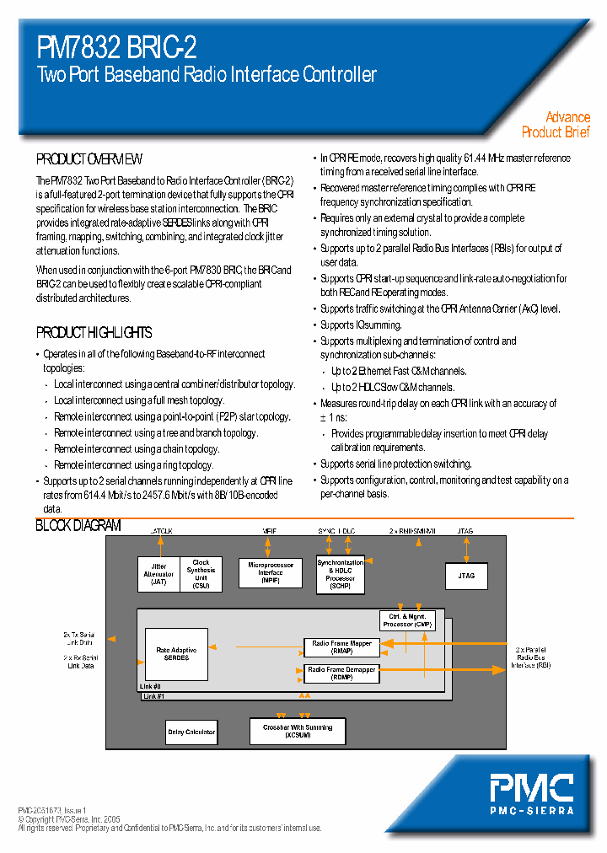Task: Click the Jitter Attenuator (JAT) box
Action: point(159,574)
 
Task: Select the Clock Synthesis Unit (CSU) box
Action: point(201,573)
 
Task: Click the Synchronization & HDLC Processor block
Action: point(340,573)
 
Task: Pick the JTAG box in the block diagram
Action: point(466,575)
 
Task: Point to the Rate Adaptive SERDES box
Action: point(176,654)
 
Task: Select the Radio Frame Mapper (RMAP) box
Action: point(341,647)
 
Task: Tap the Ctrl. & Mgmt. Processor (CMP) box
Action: point(407,620)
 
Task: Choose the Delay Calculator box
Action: point(191,732)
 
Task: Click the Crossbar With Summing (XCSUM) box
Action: point(298,731)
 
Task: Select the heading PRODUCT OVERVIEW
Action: point(89,159)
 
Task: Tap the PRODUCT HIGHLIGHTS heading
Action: point(94,332)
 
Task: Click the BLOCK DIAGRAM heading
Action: point(78,526)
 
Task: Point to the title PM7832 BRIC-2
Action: point(117,47)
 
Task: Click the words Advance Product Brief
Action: point(556,125)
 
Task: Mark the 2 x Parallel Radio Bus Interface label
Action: point(531,657)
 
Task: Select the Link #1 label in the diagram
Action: point(152,696)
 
